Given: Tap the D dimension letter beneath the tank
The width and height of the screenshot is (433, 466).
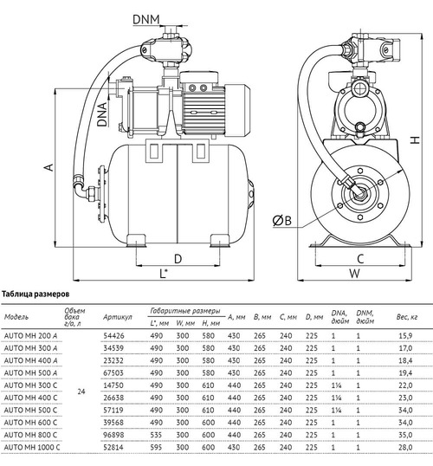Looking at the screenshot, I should (x=177, y=258).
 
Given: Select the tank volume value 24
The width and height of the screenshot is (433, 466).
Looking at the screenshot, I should (x=81, y=393).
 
